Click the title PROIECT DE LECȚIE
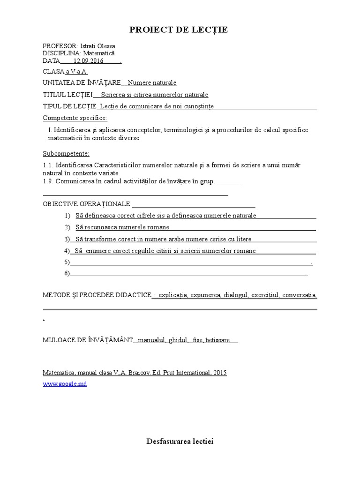point(179,30)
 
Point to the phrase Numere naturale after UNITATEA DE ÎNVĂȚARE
point(152,83)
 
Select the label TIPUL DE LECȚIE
point(69,106)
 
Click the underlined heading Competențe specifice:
point(75,118)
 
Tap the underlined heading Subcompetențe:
point(66,153)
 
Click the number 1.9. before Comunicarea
point(49,181)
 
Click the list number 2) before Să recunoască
point(67,227)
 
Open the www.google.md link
point(65,383)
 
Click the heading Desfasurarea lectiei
point(180,442)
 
